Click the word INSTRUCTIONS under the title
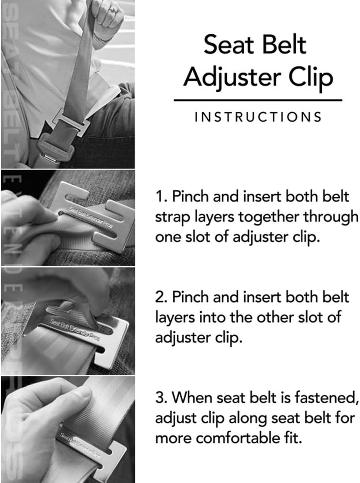tap(258, 117)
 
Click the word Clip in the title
tap(311, 77)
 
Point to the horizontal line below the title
tap(258, 100)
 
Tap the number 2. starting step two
tap(161, 298)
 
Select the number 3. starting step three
tap(161, 397)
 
